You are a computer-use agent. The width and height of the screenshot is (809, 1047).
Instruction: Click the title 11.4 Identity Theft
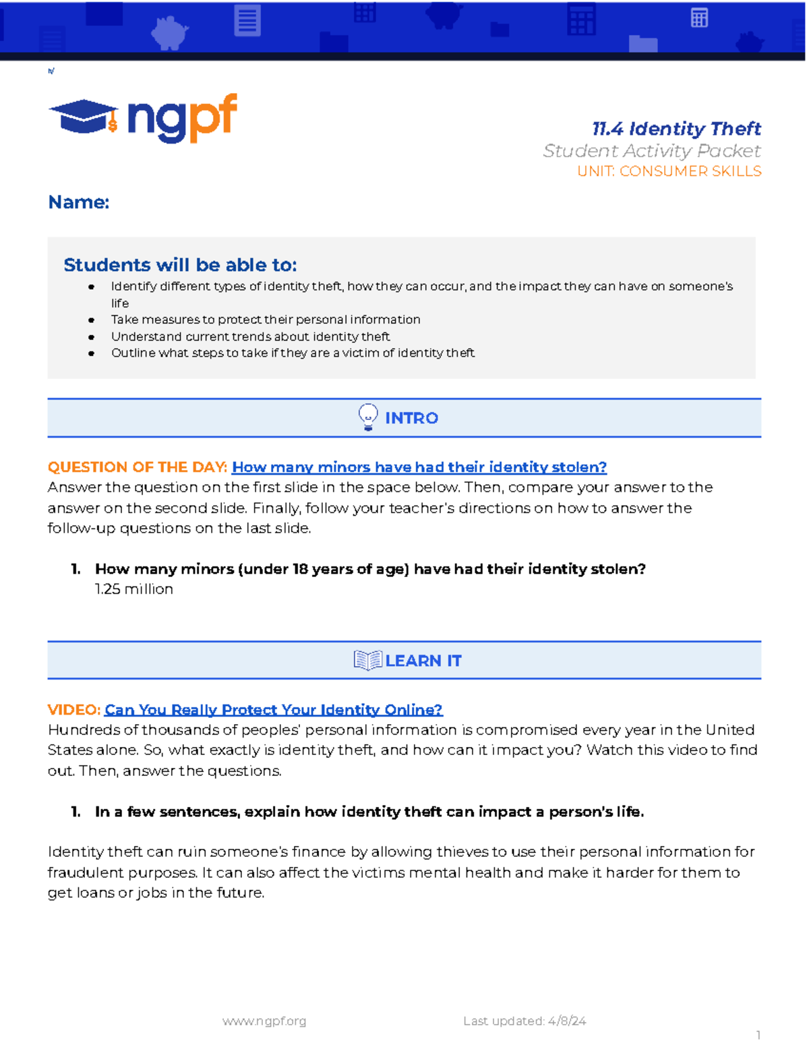point(676,129)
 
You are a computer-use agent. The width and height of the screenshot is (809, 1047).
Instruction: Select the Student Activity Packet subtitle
point(651,151)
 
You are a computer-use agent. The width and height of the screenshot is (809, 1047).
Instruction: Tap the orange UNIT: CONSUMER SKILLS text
point(669,171)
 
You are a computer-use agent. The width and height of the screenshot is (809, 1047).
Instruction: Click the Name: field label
point(78,202)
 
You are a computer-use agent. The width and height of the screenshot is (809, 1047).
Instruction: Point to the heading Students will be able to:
point(180,265)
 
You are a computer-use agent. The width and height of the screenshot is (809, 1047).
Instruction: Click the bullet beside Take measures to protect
point(91,320)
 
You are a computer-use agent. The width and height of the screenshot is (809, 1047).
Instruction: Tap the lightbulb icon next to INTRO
point(368,417)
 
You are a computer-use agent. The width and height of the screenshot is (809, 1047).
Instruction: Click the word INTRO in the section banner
point(411,419)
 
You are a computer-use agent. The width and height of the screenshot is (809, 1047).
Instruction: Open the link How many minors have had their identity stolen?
point(419,467)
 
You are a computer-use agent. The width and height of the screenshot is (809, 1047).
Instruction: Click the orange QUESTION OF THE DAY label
point(137,467)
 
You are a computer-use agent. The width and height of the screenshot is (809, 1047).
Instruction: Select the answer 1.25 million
point(134,589)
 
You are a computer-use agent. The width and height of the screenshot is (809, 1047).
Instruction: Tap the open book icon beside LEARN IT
point(367,661)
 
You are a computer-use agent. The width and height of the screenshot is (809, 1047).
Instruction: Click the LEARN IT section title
point(423,661)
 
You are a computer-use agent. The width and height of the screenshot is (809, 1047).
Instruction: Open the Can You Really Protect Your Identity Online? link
point(273,710)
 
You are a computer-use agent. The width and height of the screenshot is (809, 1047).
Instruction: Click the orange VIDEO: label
point(73,710)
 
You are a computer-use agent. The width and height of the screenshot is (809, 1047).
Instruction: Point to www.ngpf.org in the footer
point(264,1021)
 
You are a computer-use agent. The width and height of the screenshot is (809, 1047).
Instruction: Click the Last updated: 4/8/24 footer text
point(525,1021)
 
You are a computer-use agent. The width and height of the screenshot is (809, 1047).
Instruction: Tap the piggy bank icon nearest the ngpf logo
point(169,32)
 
